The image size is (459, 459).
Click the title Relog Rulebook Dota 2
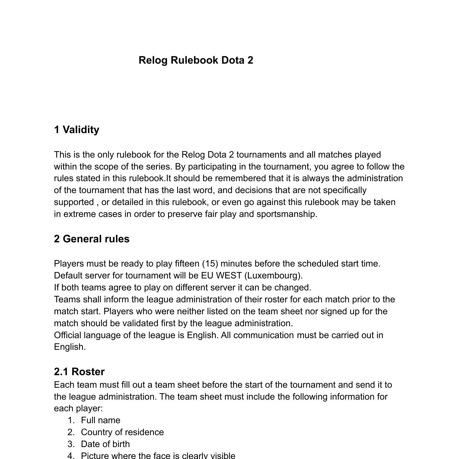point(196,60)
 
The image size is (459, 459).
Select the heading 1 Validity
point(76,130)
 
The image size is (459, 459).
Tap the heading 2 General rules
point(91,239)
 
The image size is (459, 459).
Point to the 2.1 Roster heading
point(79,372)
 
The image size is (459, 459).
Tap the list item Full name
point(100,420)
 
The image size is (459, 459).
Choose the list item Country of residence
point(122,432)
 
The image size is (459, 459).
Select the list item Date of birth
point(105,444)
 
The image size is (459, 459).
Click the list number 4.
point(71,456)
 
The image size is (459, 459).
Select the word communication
point(263,335)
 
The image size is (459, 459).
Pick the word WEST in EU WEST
point(229,276)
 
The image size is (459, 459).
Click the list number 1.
point(71,420)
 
